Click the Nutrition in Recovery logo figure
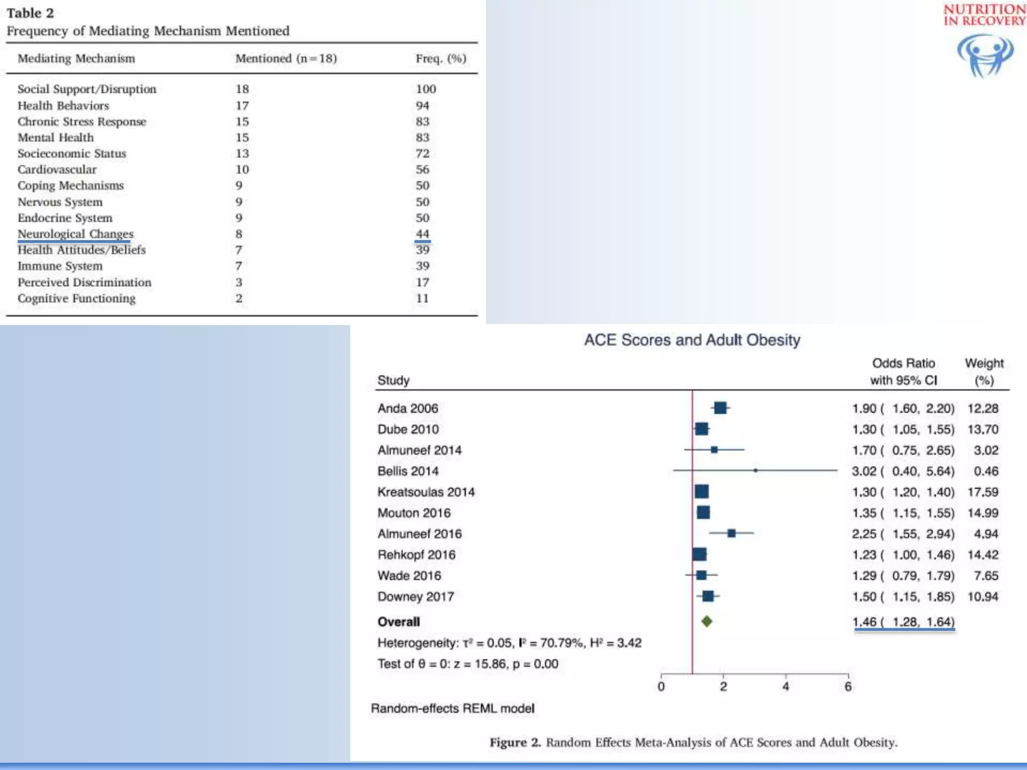pos(985,55)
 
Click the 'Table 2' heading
pos(30,13)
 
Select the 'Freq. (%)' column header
pos(440,59)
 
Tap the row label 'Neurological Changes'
pos(76,234)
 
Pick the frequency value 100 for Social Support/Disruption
pos(426,89)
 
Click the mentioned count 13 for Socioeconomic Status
pos(242,153)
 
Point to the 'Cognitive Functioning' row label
pos(77,298)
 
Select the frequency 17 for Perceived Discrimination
pos(422,282)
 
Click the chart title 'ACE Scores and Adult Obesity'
pos(692,340)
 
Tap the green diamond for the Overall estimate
pos(707,622)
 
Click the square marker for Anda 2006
pos(720,408)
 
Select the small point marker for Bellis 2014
pos(755,471)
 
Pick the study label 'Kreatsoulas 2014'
pos(426,492)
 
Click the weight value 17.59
pos(982,492)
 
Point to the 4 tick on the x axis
pos(785,686)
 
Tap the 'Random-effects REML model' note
pos(452,708)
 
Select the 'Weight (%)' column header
pos(984,371)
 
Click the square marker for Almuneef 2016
pos(731,533)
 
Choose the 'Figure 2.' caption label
pos(515,742)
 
